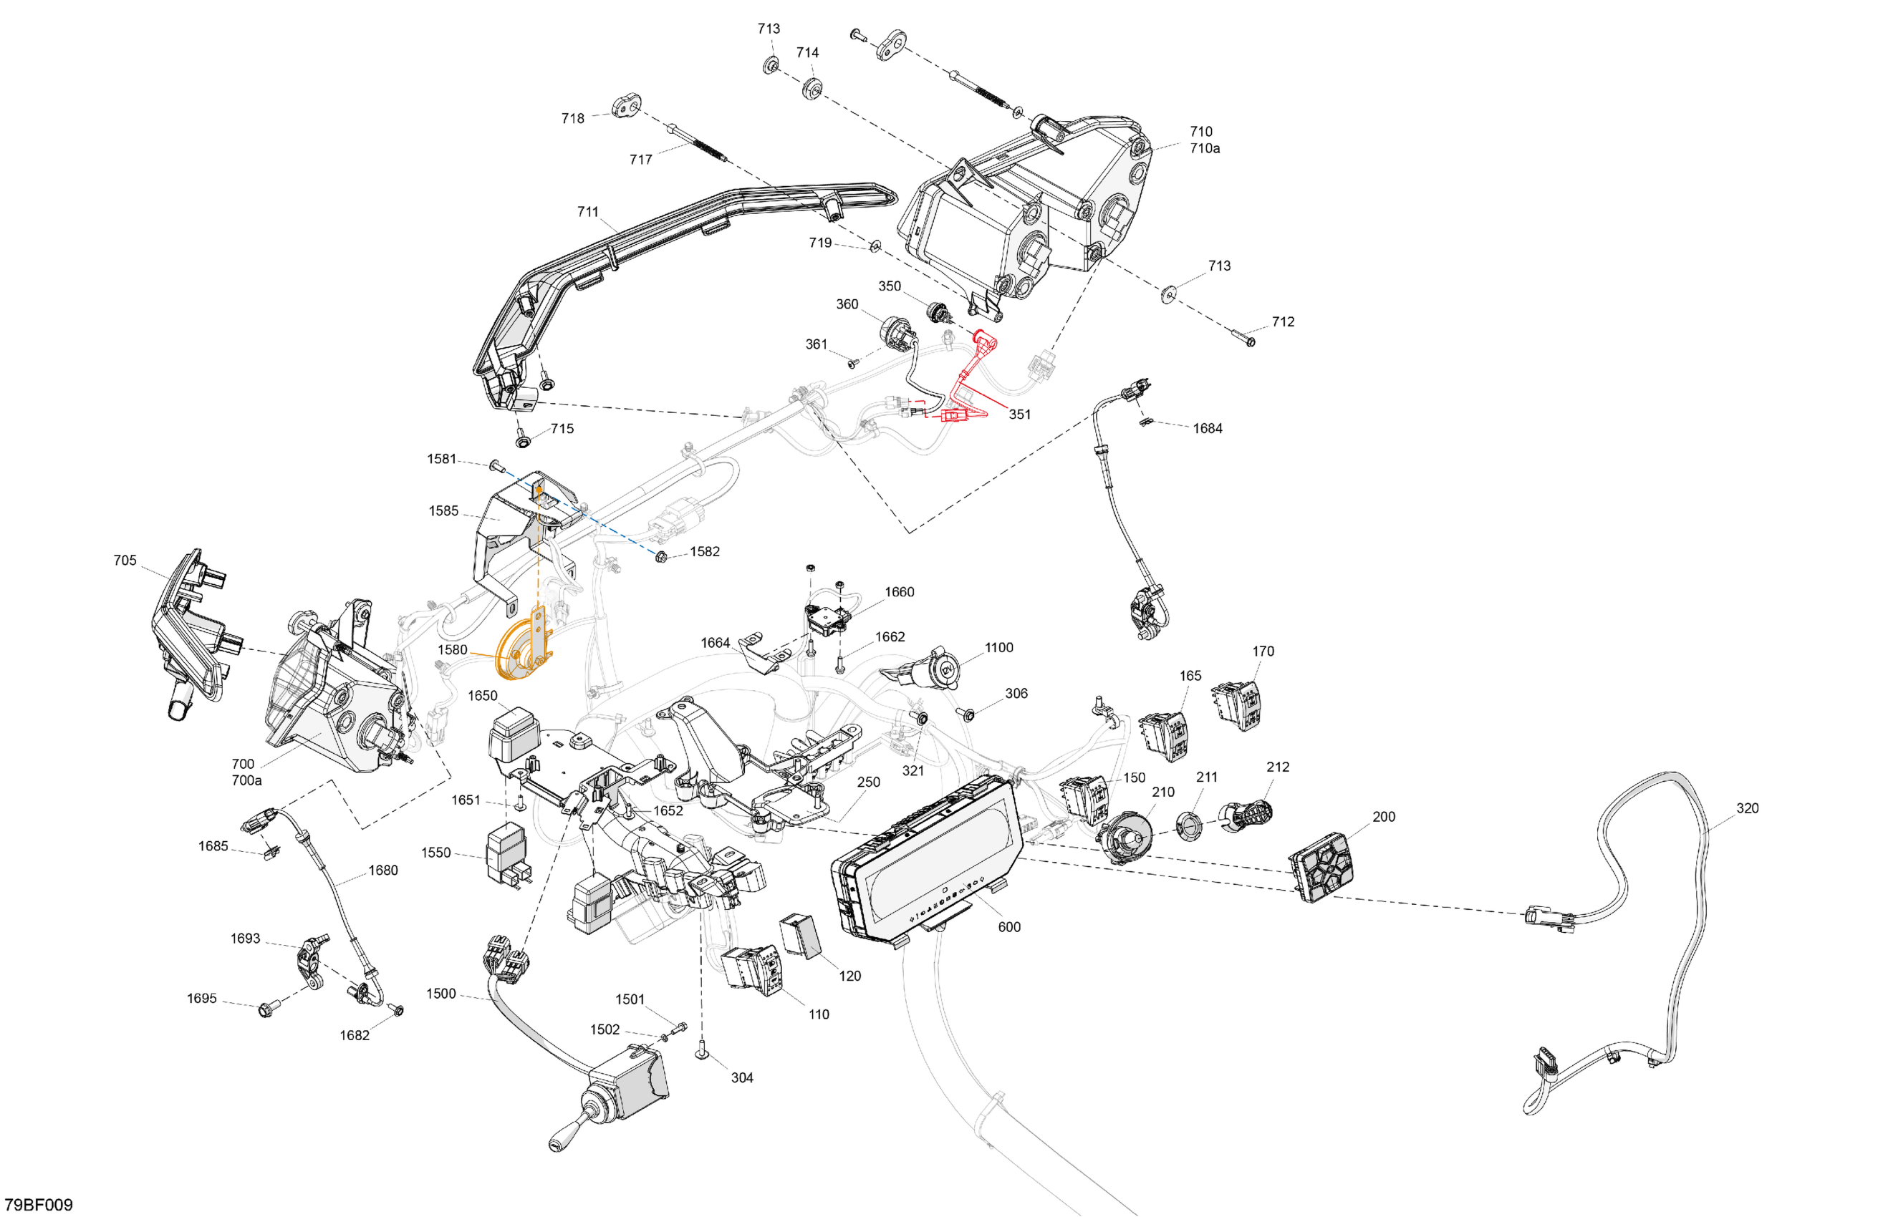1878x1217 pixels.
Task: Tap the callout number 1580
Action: pos(452,650)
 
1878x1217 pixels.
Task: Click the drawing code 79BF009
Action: pos(39,1204)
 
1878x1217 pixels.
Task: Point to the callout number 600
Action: pos(1009,927)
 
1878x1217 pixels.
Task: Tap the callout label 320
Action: pos(1747,808)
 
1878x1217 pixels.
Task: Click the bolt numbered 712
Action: pos(1248,341)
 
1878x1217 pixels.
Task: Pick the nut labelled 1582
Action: pos(661,558)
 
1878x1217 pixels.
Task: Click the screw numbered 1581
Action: pos(495,465)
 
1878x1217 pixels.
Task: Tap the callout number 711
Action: pos(588,211)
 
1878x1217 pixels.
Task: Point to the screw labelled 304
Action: pos(700,1049)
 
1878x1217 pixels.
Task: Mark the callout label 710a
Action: pos(1205,148)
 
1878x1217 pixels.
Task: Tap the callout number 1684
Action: pos(1208,428)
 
